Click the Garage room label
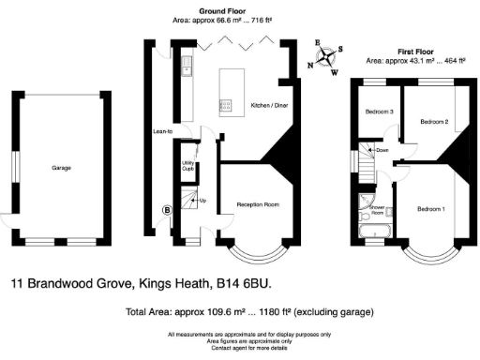(x=62, y=168)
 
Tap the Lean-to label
(x=162, y=131)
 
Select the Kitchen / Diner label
(x=269, y=105)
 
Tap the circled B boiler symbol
(x=168, y=210)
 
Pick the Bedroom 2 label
(x=433, y=122)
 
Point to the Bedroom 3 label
(x=378, y=112)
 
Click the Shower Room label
(x=378, y=208)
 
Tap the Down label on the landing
(x=382, y=150)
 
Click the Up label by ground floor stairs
(x=202, y=201)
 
